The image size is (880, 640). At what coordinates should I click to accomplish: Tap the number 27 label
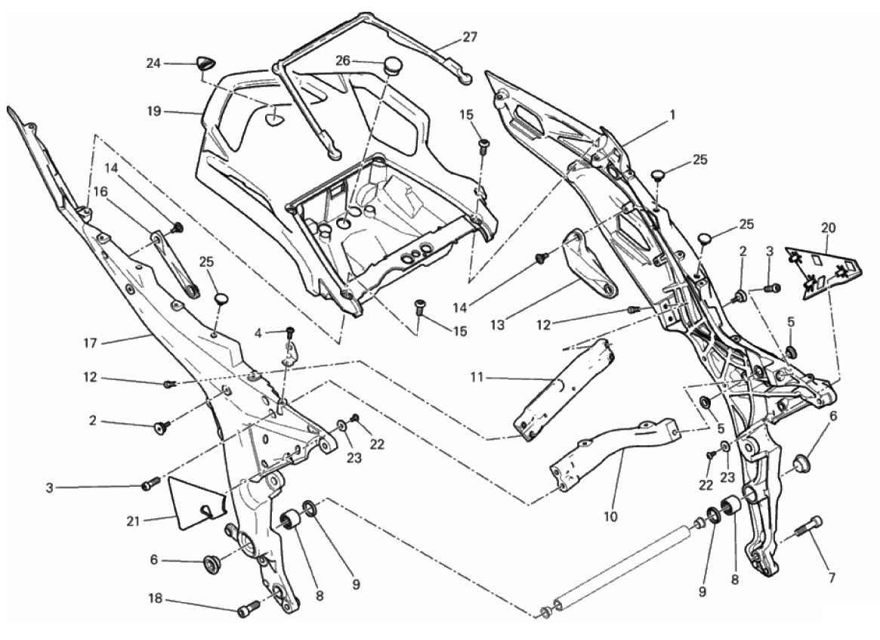(470, 36)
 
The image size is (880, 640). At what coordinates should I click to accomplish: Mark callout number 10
(610, 518)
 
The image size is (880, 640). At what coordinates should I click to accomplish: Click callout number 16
(100, 191)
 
